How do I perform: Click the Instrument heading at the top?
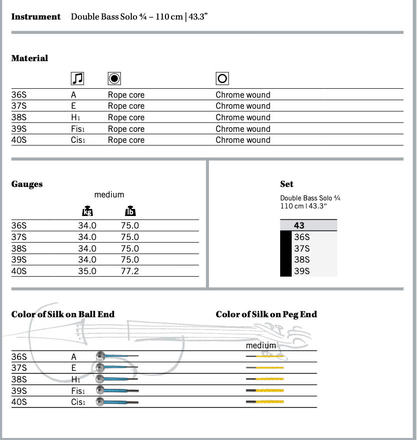pos(36,17)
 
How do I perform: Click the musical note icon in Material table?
pos(77,78)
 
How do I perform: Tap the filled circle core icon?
pos(114,78)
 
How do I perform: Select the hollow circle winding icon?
pos(222,78)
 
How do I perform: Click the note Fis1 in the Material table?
pos(78,129)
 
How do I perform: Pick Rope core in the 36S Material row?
pos(126,95)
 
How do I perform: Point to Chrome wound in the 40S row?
pos(243,140)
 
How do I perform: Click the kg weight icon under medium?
pos(87,211)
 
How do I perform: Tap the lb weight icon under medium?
pos(130,211)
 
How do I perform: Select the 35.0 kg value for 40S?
pos(87,271)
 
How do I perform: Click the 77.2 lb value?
pos(130,271)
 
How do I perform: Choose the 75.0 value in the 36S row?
pos(130,226)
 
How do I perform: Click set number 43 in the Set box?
pos(299,226)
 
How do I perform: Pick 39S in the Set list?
pos(302,271)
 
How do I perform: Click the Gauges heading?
pos(27,184)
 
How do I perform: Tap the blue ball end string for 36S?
pos(117,356)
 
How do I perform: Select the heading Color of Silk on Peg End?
pos(266,314)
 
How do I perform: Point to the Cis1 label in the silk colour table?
pos(78,402)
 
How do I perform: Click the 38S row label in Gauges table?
pos(19,249)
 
